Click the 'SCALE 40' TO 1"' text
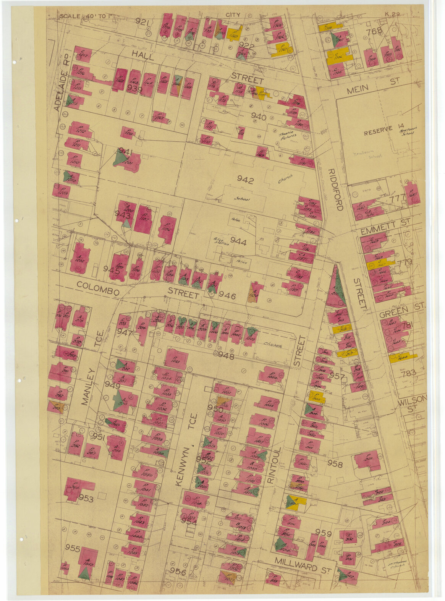[x=84, y=16]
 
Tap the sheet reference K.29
[x=392, y=15]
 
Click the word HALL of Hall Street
[x=143, y=57]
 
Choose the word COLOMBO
[x=98, y=288]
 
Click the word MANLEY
[x=87, y=386]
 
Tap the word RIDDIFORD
[x=336, y=190]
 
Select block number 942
[x=245, y=180]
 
